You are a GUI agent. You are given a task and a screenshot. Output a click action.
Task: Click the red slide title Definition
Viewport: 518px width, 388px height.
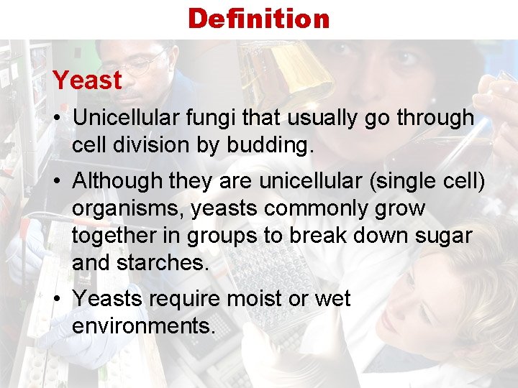pyautogui.click(x=258, y=19)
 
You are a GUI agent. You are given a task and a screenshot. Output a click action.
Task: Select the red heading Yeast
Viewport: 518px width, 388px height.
pyautogui.click(x=87, y=80)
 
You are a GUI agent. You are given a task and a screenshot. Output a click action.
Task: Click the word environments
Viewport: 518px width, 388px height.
pyautogui.click(x=143, y=325)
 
